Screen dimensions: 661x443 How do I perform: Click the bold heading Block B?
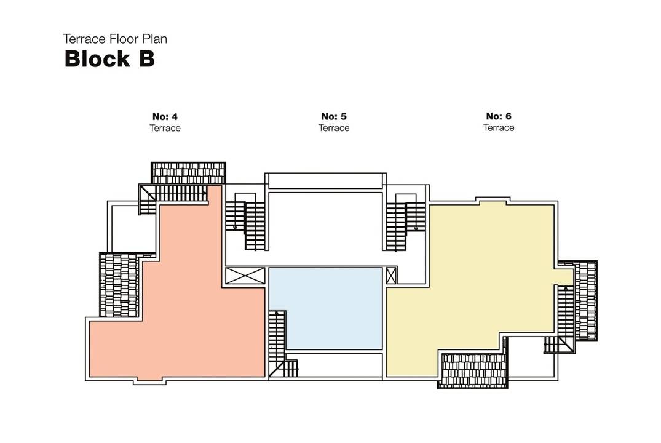coord(109,58)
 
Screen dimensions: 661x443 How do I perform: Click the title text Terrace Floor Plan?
coord(115,39)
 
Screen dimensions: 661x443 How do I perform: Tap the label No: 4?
coord(165,116)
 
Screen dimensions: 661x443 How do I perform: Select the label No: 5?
coord(333,116)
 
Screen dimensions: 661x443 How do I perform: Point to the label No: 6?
coord(498,116)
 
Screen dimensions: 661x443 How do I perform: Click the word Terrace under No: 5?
coord(334,128)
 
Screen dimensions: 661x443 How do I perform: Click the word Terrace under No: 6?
coord(499,127)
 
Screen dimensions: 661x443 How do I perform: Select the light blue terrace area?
coord(325,309)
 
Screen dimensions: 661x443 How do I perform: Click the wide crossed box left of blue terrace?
coord(245,276)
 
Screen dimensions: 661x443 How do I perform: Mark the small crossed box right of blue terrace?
coord(391,276)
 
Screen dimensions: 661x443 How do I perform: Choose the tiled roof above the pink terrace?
coord(188,173)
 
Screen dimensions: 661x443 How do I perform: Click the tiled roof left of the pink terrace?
coord(119,285)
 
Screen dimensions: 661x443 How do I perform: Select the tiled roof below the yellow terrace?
coord(473,370)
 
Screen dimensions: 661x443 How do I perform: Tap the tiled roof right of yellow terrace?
coord(586,301)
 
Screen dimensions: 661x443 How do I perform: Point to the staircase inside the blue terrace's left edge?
coord(277,341)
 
